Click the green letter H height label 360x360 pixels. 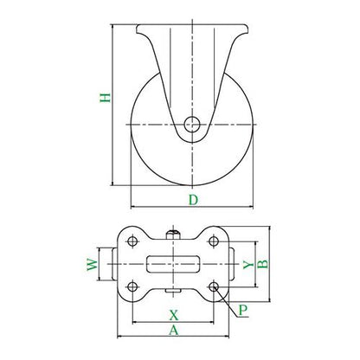(106, 98)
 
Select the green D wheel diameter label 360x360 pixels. (193, 200)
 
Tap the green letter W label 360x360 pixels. (93, 264)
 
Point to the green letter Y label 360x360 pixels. (248, 265)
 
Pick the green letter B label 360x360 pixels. (262, 264)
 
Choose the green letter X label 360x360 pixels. (174, 315)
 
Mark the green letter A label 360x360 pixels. (174, 330)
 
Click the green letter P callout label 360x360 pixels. (243, 310)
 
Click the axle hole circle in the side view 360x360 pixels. (192, 125)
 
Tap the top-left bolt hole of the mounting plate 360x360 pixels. (132, 241)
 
